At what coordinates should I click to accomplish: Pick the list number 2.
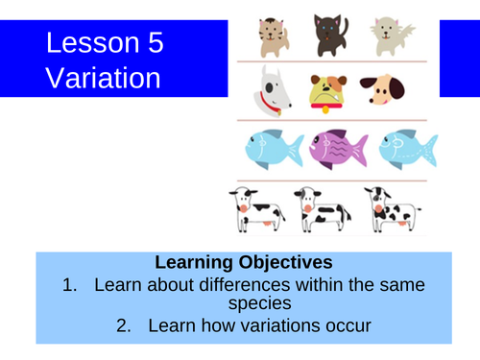pyautogui.click(x=124, y=326)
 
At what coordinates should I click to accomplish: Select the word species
pyautogui.click(x=240, y=304)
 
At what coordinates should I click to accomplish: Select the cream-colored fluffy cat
pyautogui.click(x=395, y=36)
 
